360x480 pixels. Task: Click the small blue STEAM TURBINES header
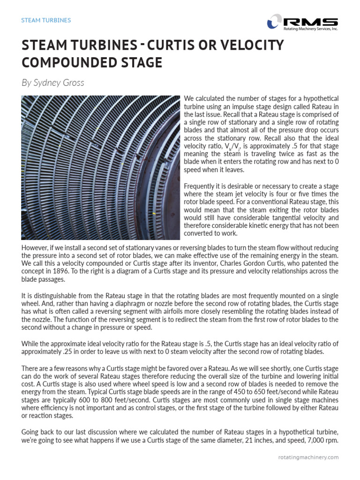(46, 21)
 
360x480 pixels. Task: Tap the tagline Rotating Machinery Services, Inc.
(310, 29)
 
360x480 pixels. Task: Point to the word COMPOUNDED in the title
(92, 62)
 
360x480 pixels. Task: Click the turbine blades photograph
(100, 167)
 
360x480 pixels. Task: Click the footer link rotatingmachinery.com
(307, 457)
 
